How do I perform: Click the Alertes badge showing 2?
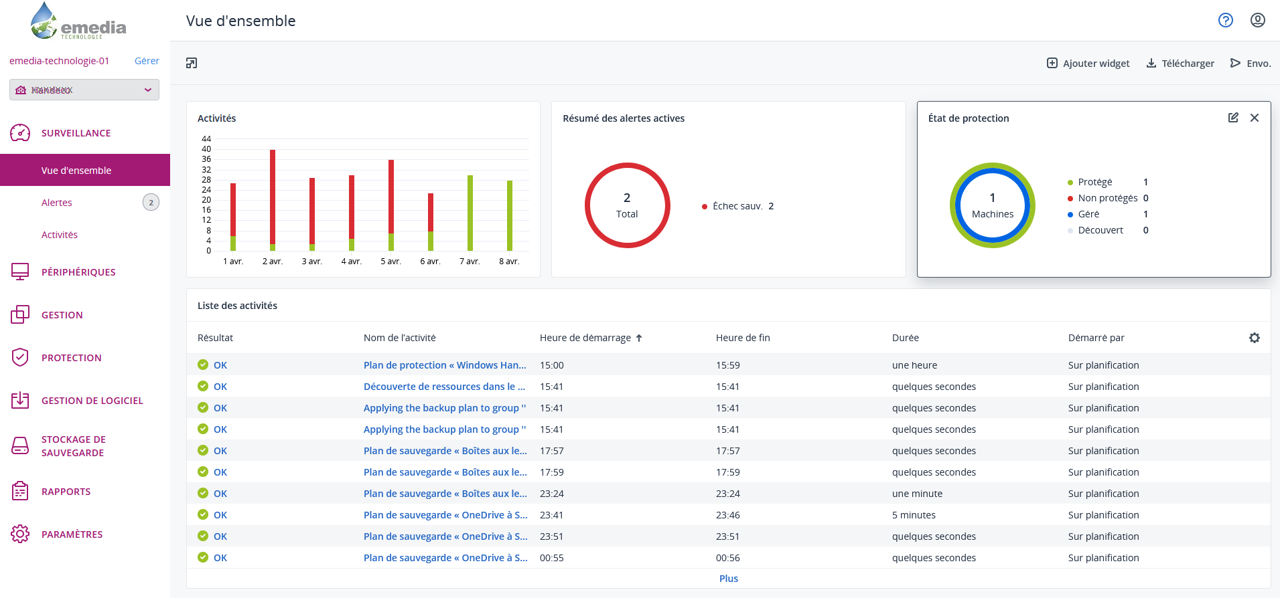(151, 203)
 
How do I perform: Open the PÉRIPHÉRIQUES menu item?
(78, 272)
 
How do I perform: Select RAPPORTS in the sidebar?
(66, 492)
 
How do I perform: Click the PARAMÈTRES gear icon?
(20, 534)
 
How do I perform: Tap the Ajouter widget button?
(1088, 63)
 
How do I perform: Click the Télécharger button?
(1180, 63)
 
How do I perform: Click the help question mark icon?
(1225, 20)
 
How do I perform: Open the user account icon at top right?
(1258, 20)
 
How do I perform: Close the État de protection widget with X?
(1254, 118)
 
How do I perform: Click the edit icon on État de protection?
(1233, 118)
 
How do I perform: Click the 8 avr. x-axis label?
(509, 262)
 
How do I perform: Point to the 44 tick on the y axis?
(206, 139)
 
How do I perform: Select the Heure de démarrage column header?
(590, 338)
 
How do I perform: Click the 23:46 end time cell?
(728, 515)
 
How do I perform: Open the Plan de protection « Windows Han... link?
(445, 365)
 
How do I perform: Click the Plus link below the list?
(728, 579)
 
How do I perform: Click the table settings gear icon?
(1254, 338)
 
